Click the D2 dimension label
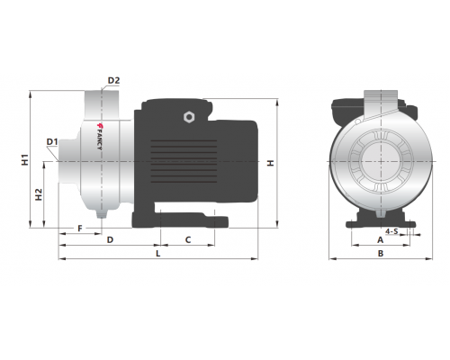click(x=113, y=80)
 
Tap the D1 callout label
click(x=52, y=141)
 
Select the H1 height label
click(x=25, y=160)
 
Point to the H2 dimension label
click(x=39, y=194)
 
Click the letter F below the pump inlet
click(x=80, y=229)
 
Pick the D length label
click(x=110, y=240)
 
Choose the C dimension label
click(x=188, y=240)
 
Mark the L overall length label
click(x=158, y=254)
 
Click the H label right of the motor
click(x=271, y=163)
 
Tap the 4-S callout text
click(x=391, y=231)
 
